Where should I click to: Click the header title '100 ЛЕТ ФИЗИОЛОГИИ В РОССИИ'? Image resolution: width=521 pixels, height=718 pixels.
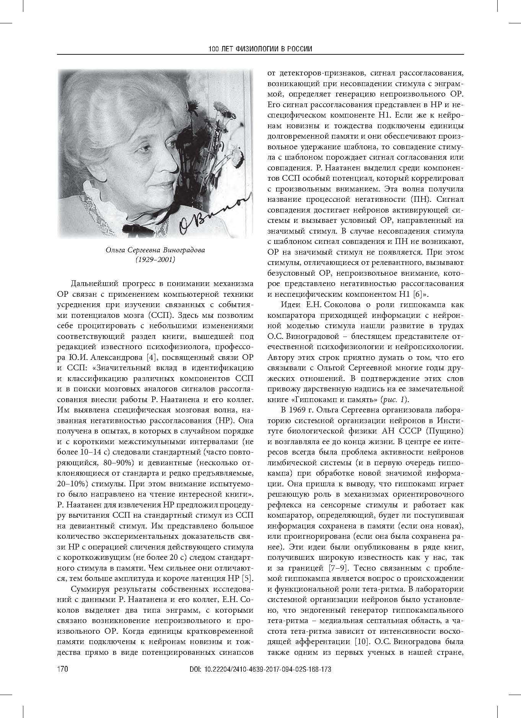[x=260, y=49]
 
